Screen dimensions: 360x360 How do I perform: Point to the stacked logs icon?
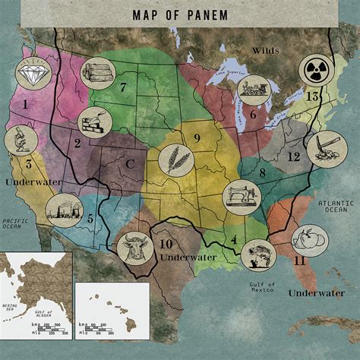96,74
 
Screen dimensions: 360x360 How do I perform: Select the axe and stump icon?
321,147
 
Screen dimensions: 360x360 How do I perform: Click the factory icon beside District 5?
63,210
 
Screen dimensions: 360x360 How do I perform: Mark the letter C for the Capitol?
130,163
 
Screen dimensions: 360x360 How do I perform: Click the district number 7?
122,87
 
